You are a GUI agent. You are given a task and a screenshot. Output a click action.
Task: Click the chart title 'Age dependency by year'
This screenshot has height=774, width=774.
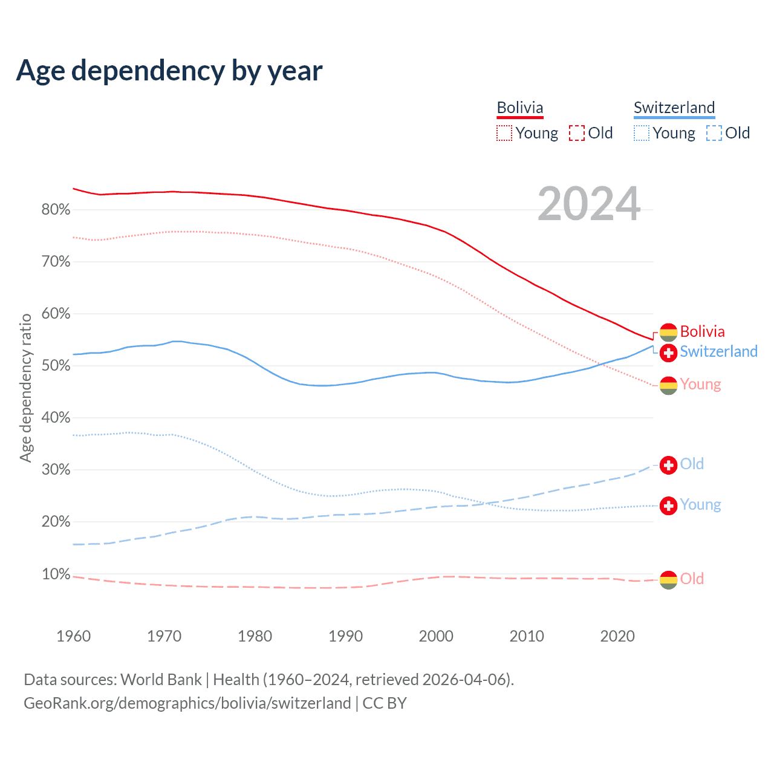click(169, 71)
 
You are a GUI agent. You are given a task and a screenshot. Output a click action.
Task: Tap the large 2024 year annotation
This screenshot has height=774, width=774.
click(589, 204)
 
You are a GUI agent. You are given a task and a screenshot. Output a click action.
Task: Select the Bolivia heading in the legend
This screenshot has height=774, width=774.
click(520, 108)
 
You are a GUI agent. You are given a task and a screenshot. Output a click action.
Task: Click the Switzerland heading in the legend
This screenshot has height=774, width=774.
click(674, 108)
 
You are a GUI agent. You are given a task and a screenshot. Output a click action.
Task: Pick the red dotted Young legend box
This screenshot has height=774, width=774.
click(504, 133)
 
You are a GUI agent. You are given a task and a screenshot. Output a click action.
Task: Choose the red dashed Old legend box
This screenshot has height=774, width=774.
click(577, 133)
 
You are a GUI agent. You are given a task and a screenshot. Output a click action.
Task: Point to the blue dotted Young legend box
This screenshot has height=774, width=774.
click(642, 133)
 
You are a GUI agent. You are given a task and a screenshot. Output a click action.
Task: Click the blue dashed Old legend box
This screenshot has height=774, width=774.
click(714, 133)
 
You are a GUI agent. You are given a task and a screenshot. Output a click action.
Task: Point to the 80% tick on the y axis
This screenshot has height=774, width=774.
click(56, 210)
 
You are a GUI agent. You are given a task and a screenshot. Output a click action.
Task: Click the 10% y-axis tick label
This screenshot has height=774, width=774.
click(56, 574)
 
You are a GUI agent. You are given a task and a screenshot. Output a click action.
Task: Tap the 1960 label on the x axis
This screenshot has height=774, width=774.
click(74, 636)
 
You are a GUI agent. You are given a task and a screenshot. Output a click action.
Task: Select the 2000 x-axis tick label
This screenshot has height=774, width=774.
click(436, 636)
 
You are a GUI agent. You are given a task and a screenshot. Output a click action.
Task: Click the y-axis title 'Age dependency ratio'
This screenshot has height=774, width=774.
click(25, 388)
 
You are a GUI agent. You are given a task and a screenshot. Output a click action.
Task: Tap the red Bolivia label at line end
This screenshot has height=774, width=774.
click(702, 331)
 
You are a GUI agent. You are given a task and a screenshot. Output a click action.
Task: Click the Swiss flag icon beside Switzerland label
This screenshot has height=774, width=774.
click(668, 353)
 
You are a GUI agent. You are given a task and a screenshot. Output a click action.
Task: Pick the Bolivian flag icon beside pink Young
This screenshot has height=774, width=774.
click(668, 385)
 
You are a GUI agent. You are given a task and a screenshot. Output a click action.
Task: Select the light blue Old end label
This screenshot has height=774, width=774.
click(692, 464)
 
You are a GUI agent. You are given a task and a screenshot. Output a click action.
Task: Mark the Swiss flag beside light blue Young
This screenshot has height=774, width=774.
click(668, 506)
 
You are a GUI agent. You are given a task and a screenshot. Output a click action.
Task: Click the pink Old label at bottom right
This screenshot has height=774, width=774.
click(692, 579)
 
